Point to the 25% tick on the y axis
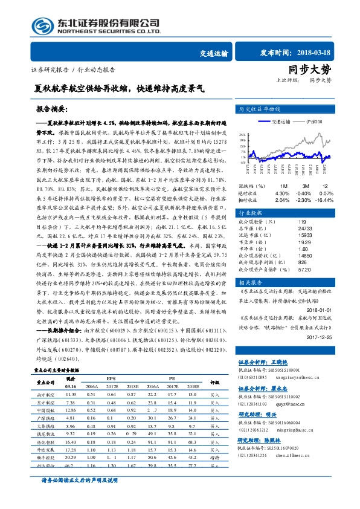click(x=242, y=134)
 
